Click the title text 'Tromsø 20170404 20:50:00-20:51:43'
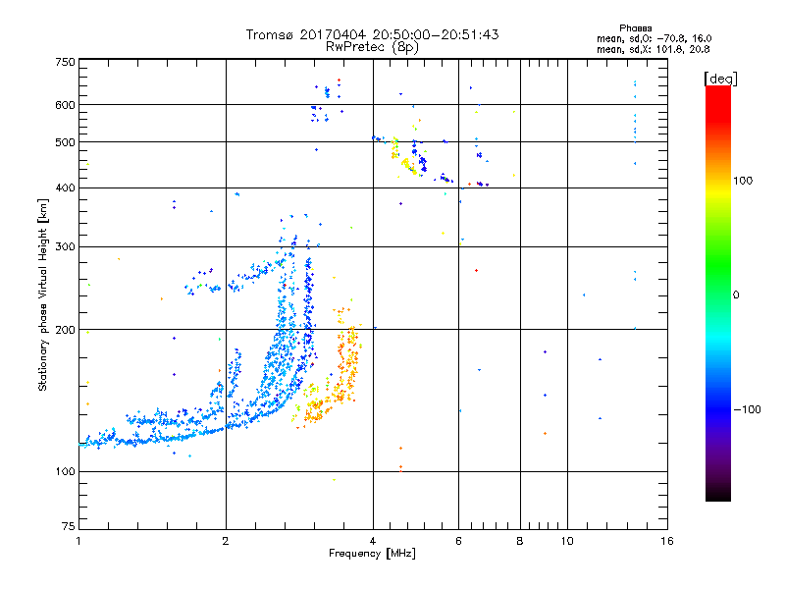coord(372,34)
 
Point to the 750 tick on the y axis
coord(65,62)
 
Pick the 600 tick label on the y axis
coord(65,105)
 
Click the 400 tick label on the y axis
coord(65,187)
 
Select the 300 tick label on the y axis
coord(65,246)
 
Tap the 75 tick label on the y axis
coord(68,526)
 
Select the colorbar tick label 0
coord(737,294)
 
